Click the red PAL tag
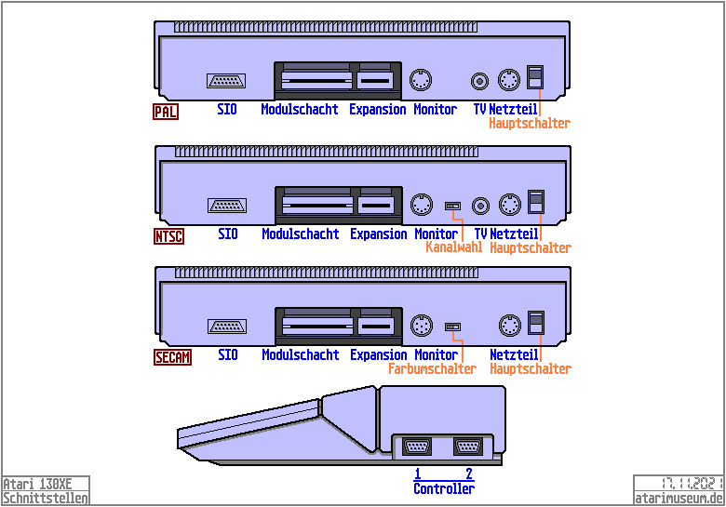(167, 112)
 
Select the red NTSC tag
(168, 236)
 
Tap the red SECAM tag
(172, 357)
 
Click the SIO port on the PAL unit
(226, 81)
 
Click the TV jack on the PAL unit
(480, 81)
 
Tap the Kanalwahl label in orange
(453, 248)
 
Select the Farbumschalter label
(432, 369)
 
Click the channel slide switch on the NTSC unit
(453, 204)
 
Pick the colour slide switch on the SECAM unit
(453, 327)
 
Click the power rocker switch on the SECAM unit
(534, 321)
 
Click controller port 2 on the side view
(467, 447)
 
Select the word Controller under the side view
(444, 489)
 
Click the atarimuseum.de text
(678, 498)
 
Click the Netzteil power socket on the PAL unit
(508, 79)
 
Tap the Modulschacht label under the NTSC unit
(300, 234)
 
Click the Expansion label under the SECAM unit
(379, 355)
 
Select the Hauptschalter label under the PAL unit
(530, 124)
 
